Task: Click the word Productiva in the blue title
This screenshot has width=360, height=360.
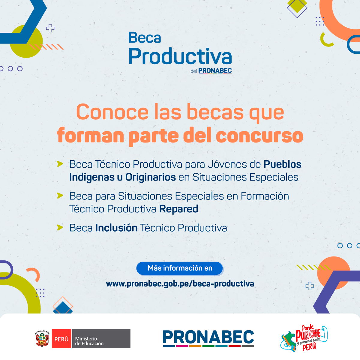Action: coord(180,56)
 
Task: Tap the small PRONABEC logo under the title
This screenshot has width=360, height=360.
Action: coord(215,71)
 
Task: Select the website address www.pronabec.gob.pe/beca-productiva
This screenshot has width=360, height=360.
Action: coord(180,284)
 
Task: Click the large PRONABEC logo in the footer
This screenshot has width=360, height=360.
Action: coord(208,338)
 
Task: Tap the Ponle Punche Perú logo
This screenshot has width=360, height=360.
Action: coord(304,338)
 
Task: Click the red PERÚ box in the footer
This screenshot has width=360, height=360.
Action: coord(61,338)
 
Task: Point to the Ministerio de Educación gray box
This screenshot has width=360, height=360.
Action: coord(101,338)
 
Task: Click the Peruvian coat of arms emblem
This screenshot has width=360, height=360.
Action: coord(42,338)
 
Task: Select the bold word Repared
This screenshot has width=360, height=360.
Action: coord(178,209)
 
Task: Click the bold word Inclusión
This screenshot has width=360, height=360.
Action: coord(116,228)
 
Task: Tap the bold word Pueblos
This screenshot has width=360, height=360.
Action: coord(283,164)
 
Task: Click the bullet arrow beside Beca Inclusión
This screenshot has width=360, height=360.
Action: coord(60,227)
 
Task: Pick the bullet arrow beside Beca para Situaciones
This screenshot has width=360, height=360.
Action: coord(60,196)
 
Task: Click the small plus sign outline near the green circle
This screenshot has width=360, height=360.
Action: coord(50,28)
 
